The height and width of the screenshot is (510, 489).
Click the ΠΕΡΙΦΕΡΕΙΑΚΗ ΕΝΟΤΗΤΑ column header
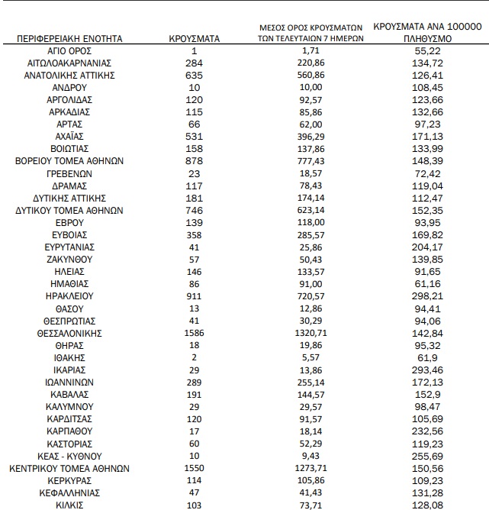coord(69,37)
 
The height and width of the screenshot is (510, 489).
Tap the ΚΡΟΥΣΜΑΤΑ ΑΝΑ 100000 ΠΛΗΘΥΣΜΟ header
coord(427,31)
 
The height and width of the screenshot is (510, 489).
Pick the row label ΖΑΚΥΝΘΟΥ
coord(69,260)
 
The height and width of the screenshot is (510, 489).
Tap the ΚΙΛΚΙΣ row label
coord(69,505)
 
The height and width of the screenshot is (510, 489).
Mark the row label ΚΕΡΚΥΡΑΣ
coord(69,480)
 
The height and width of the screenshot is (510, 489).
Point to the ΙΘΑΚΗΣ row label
coord(69,358)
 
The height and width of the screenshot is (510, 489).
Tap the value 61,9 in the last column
coord(427,358)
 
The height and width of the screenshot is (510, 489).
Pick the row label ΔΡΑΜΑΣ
coord(69,186)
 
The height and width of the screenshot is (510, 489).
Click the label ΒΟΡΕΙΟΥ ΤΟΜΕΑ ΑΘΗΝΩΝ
coord(69,161)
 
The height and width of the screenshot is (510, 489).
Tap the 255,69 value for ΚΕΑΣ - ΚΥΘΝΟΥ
coord(427,456)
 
